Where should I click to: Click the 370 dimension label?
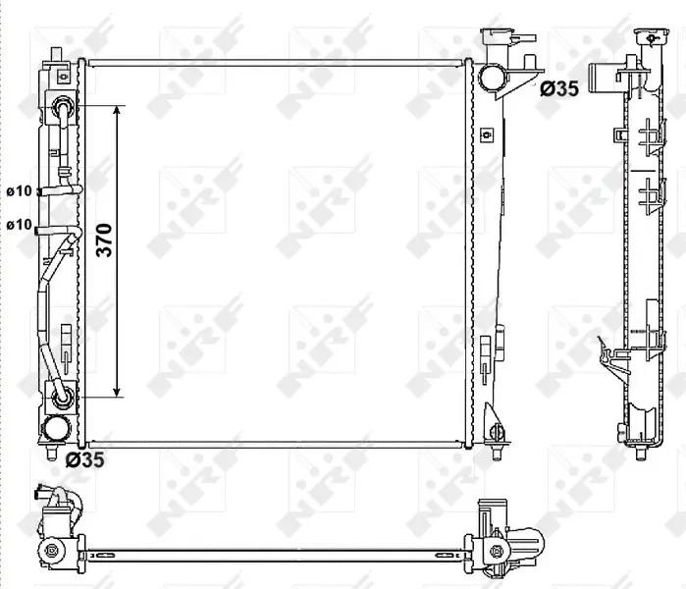point(105,241)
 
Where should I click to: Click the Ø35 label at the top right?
point(559,88)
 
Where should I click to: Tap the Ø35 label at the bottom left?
point(84,459)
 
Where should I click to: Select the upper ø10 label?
point(20,191)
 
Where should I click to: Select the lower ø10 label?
point(20,225)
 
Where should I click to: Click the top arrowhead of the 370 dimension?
point(117,109)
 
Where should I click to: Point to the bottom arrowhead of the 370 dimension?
point(117,393)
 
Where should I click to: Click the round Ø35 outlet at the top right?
point(494,77)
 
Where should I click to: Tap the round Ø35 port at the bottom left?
point(56,428)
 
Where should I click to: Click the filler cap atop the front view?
point(497,34)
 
